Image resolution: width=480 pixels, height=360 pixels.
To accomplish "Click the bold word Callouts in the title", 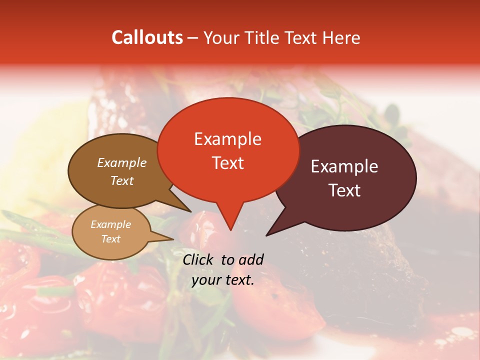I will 147,37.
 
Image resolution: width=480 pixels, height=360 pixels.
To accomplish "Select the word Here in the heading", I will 341,37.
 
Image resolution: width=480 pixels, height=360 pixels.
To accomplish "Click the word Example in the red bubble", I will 227,139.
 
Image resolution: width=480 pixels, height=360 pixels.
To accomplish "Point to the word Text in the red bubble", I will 227,163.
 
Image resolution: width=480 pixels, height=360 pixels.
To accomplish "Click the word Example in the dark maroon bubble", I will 344,166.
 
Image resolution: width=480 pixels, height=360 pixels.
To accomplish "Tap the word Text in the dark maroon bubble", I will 344,190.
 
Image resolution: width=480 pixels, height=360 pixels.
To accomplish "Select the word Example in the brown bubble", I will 122,162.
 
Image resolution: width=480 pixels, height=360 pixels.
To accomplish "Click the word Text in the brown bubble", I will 122,180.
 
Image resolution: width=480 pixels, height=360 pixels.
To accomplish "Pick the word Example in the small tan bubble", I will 110,224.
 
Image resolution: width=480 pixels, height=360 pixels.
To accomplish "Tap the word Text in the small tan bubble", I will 110,239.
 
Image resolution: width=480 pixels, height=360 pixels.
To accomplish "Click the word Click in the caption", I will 199,259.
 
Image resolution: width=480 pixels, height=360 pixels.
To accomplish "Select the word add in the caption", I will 251,259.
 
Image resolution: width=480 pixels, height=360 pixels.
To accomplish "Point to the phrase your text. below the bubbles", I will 223,280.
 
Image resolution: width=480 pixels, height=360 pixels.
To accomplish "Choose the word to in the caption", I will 228,259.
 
